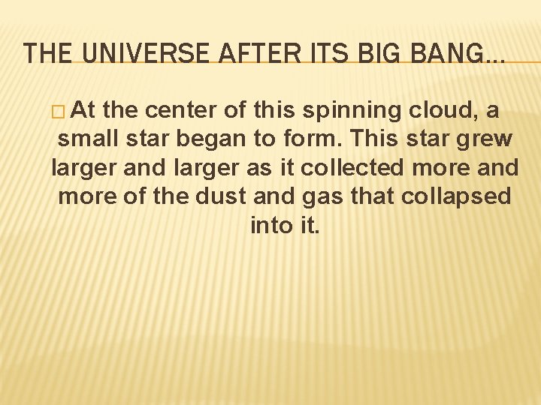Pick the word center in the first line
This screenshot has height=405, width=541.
tap(180, 111)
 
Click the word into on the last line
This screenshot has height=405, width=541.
tap(271, 225)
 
